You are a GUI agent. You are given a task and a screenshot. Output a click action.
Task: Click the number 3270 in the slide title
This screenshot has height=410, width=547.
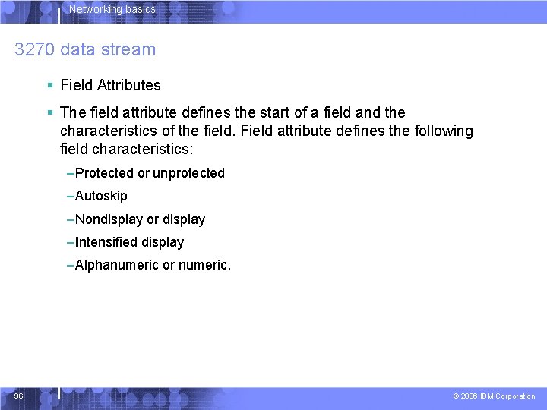(34, 50)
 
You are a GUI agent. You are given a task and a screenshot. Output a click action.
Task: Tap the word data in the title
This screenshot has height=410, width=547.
(78, 50)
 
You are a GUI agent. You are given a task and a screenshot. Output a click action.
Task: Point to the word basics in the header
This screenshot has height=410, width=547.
(140, 10)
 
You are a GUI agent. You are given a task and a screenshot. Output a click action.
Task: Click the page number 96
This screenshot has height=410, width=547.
(18, 396)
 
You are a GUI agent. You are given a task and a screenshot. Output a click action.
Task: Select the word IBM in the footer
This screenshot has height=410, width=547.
(486, 396)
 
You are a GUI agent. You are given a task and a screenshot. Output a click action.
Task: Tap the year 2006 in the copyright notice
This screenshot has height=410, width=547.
(470, 396)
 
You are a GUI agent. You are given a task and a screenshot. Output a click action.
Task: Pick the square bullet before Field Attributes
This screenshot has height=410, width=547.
(49, 85)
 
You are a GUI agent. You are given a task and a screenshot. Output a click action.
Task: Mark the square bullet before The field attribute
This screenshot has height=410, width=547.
(49, 112)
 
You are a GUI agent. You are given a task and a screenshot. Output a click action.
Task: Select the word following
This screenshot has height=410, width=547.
(444, 131)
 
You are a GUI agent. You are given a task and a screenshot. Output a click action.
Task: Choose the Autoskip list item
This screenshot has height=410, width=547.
(101, 196)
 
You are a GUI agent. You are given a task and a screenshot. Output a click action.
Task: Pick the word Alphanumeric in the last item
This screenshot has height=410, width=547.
(117, 265)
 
